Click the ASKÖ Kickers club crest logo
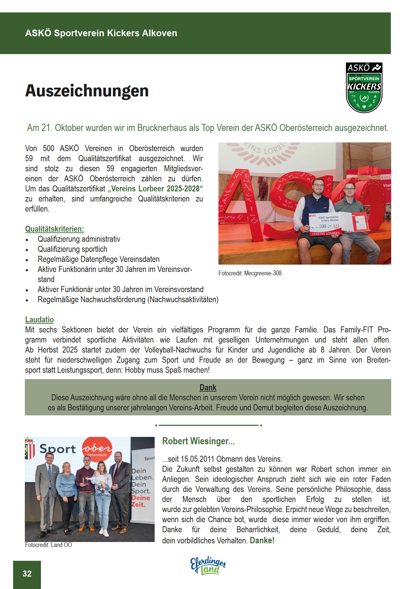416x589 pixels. click(x=364, y=88)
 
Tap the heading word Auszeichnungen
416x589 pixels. click(x=87, y=91)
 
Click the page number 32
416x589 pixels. click(x=27, y=574)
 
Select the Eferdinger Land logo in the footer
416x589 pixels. click(x=208, y=566)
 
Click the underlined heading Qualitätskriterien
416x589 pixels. click(x=54, y=229)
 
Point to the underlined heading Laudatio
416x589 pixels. click(x=39, y=320)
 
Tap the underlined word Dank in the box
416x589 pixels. click(x=208, y=388)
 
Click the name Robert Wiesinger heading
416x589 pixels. click(x=198, y=441)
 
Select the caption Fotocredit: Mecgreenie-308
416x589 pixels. click(x=250, y=273)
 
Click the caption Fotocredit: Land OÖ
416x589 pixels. click(x=49, y=545)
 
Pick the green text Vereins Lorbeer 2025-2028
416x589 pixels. click(x=157, y=189)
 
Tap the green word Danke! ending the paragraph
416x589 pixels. click(x=262, y=541)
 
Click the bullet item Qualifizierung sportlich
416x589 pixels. click(x=72, y=249)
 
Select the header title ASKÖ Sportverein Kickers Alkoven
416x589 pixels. click(x=101, y=33)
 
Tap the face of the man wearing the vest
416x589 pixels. click(x=318, y=186)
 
